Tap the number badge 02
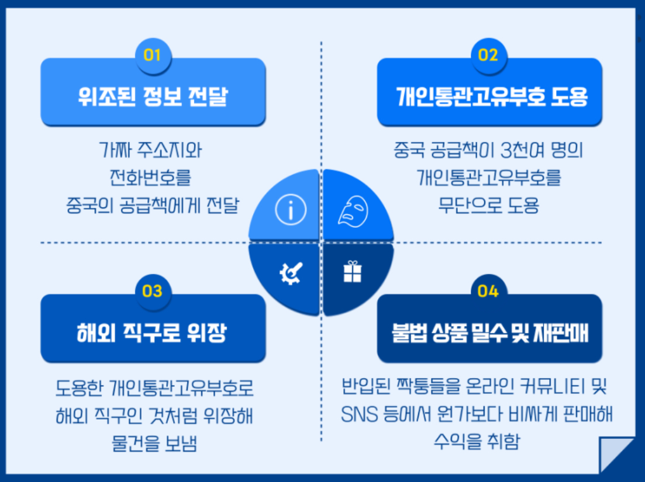click(x=488, y=56)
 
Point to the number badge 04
click(x=488, y=291)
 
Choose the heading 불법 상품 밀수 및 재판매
click(x=489, y=333)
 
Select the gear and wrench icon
click(x=291, y=272)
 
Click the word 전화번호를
click(x=150, y=177)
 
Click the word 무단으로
click(x=465, y=205)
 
